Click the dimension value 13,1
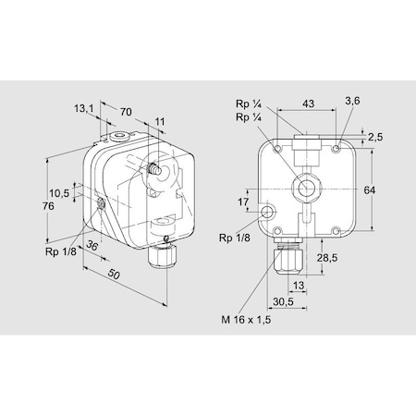(84, 108)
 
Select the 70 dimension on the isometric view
(126, 112)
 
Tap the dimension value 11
(159, 121)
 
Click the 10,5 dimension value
(59, 193)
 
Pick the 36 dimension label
(92, 246)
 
